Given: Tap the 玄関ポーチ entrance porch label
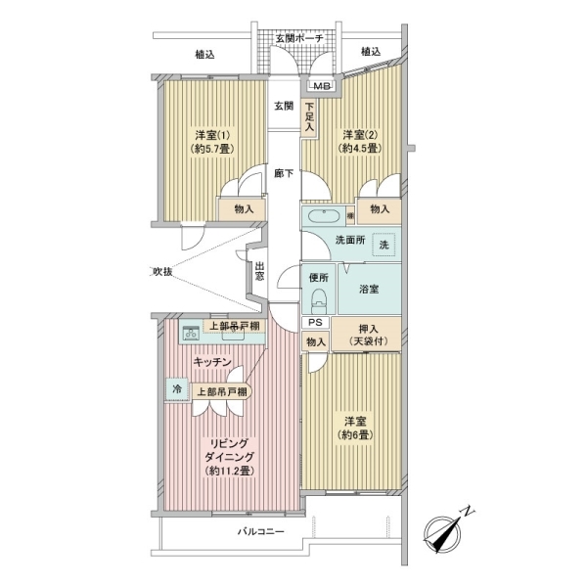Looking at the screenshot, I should (x=299, y=38).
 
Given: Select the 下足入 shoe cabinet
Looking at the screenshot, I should (x=309, y=117).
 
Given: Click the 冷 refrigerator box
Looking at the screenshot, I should (x=177, y=388).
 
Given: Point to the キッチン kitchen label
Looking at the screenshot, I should (x=211, y=362).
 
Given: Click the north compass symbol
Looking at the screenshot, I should (x=447, y=531).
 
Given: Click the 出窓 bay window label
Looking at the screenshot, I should (x=259, y=271).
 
